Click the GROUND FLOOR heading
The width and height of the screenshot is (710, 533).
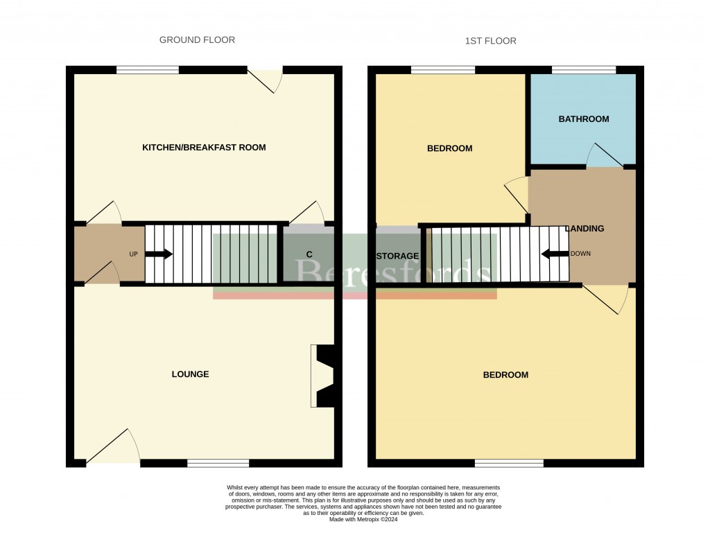197,40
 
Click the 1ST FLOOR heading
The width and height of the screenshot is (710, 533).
490,42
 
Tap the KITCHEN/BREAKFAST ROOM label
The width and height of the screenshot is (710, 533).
204,148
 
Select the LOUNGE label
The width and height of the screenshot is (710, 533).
190,374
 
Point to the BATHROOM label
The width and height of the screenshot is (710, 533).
584,119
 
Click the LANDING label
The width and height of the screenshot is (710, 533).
585,229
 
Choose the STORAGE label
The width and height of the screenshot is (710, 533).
397,256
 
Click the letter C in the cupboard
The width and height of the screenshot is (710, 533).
308,254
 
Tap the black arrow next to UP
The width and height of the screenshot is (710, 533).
159,254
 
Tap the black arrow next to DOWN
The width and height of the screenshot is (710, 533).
555,254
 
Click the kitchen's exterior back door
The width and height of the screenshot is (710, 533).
266,80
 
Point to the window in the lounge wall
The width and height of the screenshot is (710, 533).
218,463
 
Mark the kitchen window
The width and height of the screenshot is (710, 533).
147,69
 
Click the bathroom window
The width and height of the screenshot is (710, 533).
583,69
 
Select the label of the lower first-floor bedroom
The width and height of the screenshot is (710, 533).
505,375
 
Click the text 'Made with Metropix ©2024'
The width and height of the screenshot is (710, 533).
363,519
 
